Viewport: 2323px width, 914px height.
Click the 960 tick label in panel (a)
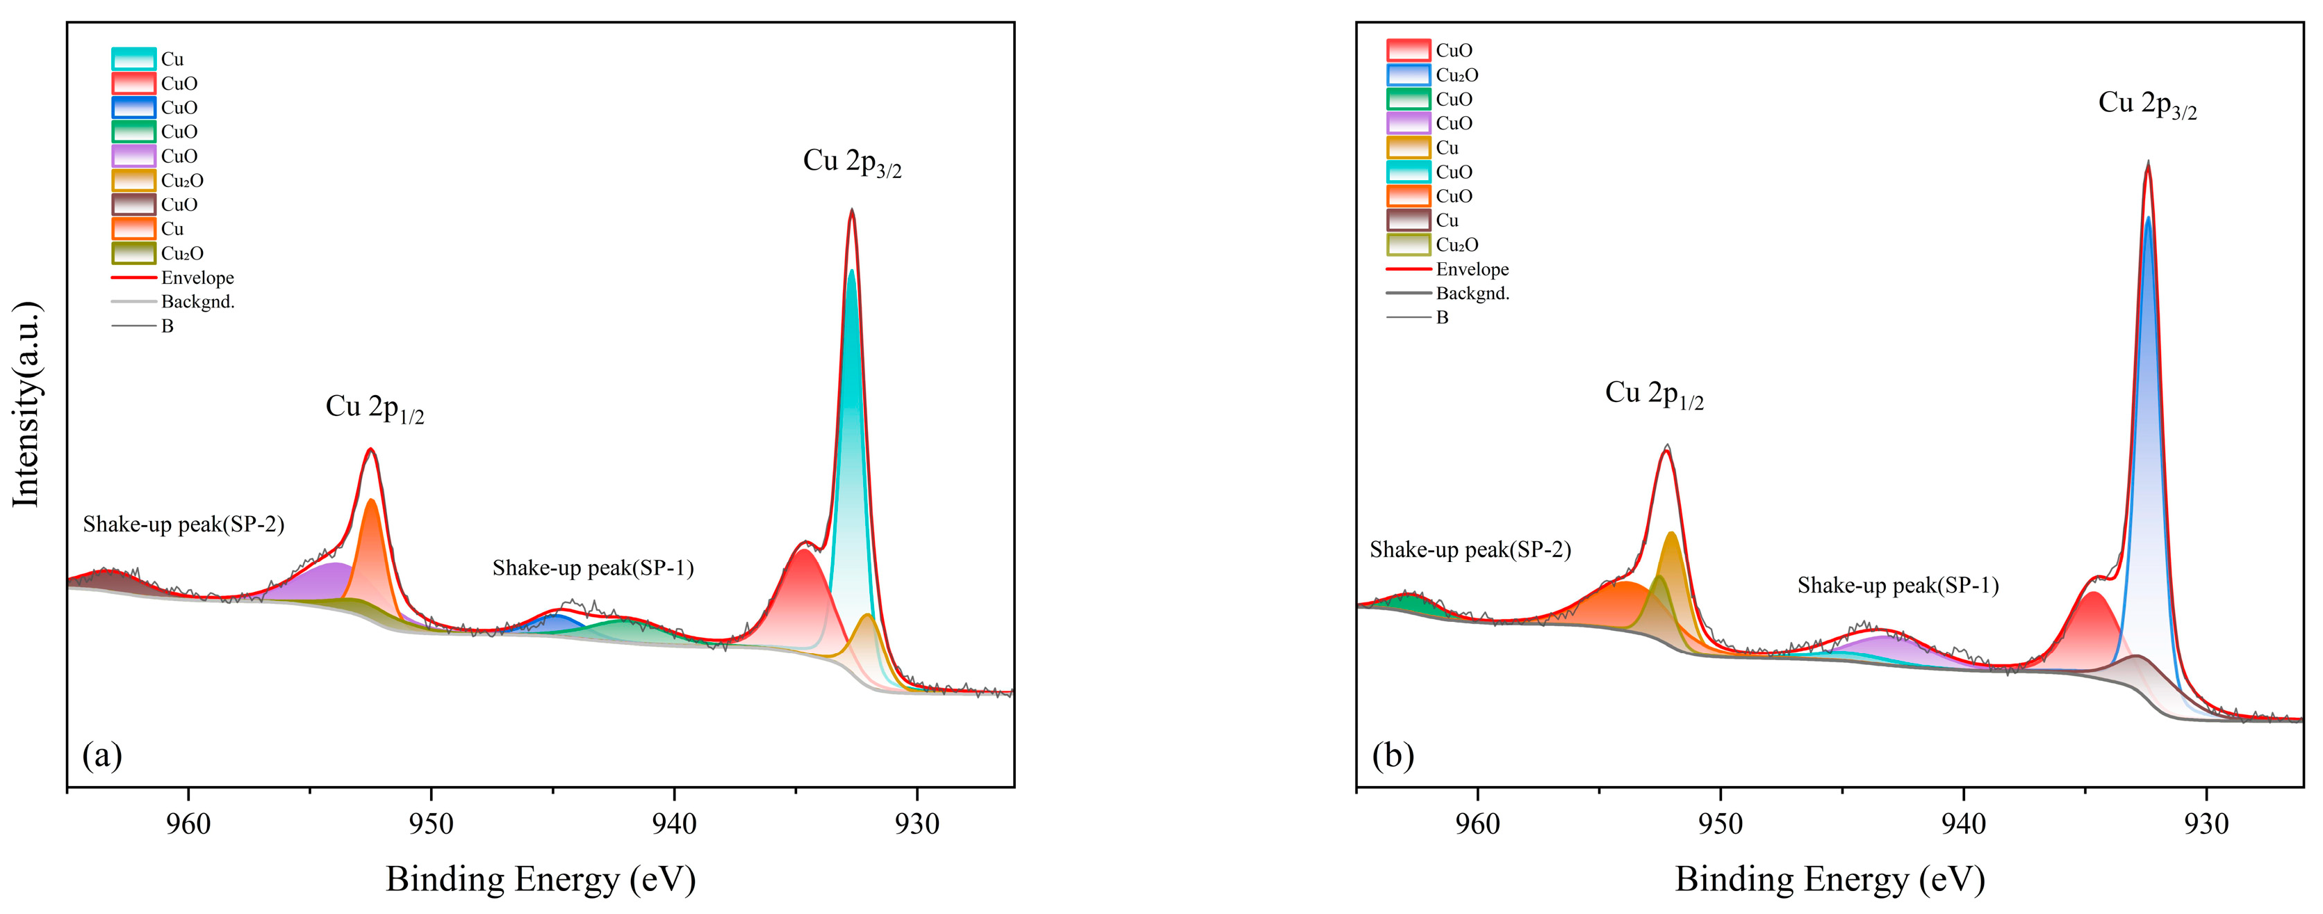(x=188, y=823)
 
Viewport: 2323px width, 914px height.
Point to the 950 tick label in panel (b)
(x=1720, y=823)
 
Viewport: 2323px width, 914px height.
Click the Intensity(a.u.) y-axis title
(x=27, y=404)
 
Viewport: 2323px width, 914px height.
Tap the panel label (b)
(x=1393, y=754)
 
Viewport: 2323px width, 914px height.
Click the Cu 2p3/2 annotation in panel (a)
(x=851, y=162)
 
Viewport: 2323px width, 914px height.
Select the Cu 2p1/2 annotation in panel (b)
(x=1654, y=394)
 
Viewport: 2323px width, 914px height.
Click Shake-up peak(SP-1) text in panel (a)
(x=593, y=568)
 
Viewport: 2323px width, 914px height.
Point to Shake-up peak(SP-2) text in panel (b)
(x=1470, y=550)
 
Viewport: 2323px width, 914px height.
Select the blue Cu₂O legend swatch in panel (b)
(x=1408, y=75)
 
